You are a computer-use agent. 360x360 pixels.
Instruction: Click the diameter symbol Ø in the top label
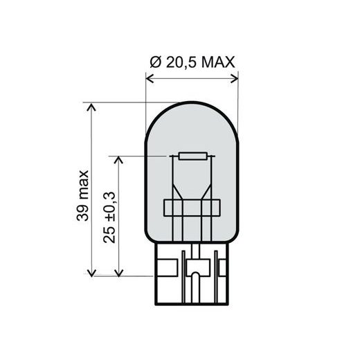coord(154,62)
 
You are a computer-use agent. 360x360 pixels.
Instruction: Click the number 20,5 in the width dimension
coord(181,62)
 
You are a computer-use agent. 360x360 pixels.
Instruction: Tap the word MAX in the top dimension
coord(220,62)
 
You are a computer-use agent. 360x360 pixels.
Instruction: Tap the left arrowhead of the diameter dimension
coord(149,79)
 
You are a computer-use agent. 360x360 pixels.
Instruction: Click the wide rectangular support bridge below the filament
coord(191,207)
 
